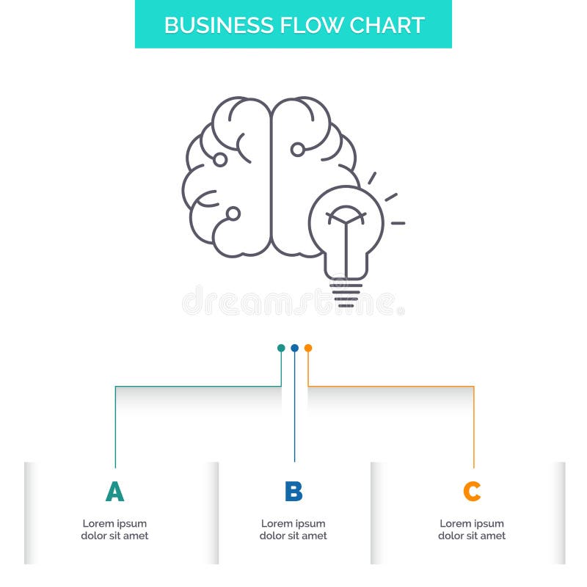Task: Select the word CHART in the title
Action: pyautogui.click(x=387, y=25)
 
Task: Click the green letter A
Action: pyautogui.click(x=114, y=492)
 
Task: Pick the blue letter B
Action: pyautogui.click(x=293, y=492)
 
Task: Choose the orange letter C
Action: pyautogui.click(x=472, y=492)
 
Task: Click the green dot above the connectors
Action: pyautogui.click(x=281, y=348)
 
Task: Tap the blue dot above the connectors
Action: pyautogui.click(x=294, y=348)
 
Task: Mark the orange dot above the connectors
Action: pyautogui.click(x=308, y=348)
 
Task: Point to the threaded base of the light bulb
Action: pyautogui.click(x=346, y=293)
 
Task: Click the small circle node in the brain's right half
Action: pyautogui.click(x=297, y=150)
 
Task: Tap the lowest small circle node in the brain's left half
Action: pyautogui.click(x=233, y=214)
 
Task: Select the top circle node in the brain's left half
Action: pyautogui.click(x=219, y=158)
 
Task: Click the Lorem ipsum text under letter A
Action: pyautogui.click(x=114, y=530)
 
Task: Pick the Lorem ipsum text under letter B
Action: pyautogui.click(x=293, y=530)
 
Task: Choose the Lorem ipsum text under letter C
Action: pyautogui.click(x=472, y=530)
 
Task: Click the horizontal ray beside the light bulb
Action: pyautogui.click(x=398, y=222)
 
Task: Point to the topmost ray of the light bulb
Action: pyautogui.click(x=372, y=178)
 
